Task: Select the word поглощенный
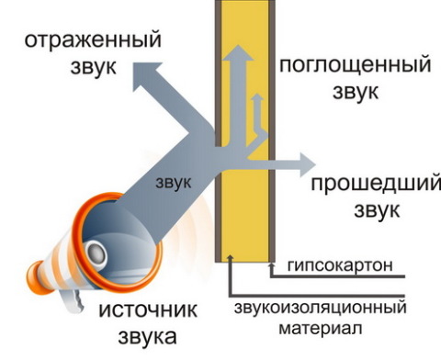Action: (354, 65)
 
